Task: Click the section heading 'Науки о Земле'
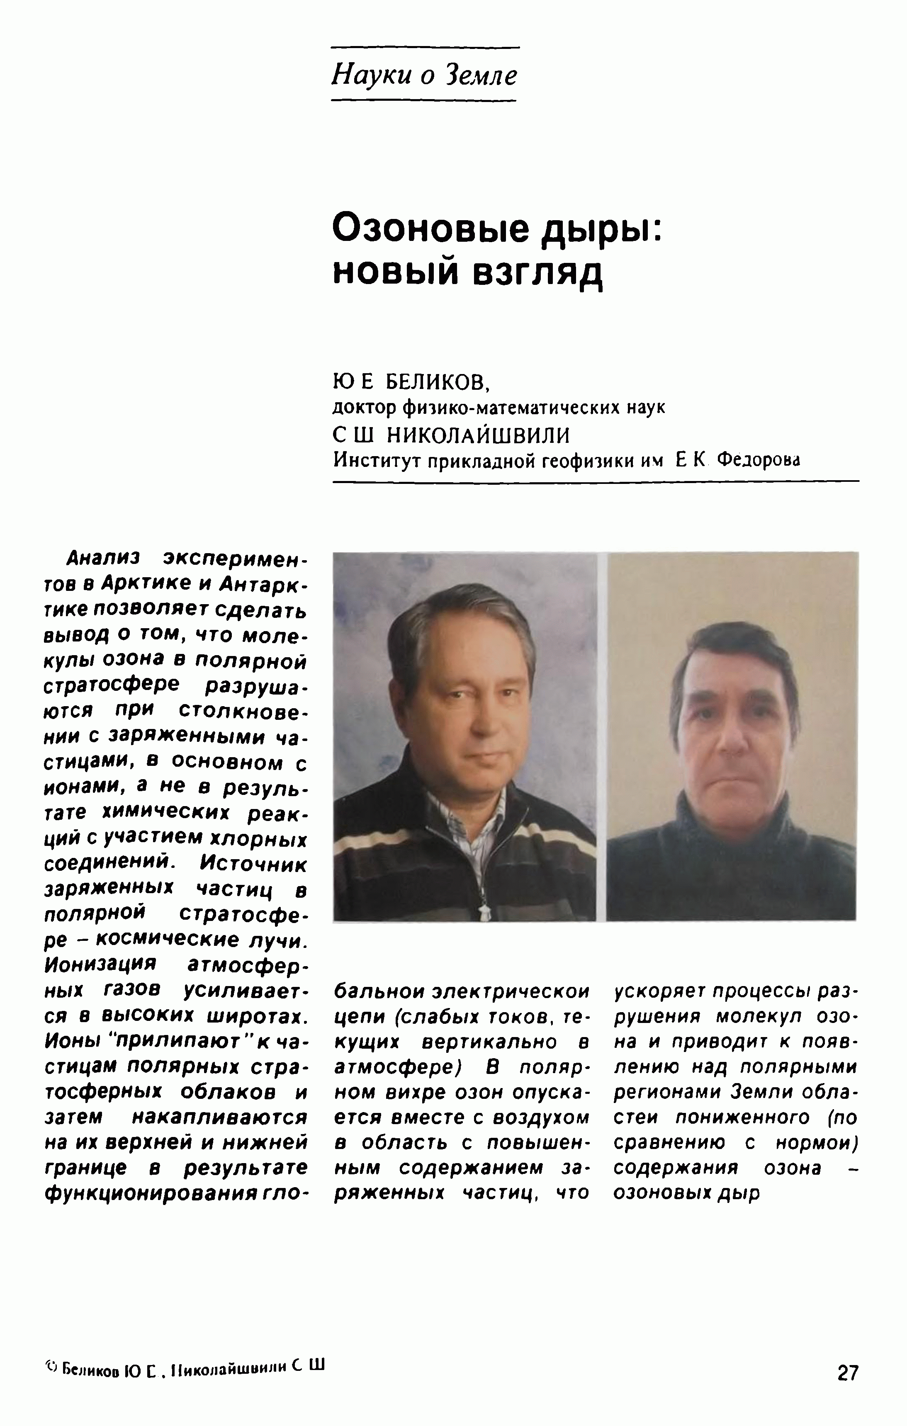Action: (424, 75)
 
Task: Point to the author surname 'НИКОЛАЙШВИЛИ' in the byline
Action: (478, 435)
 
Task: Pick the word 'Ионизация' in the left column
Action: (100, 964)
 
